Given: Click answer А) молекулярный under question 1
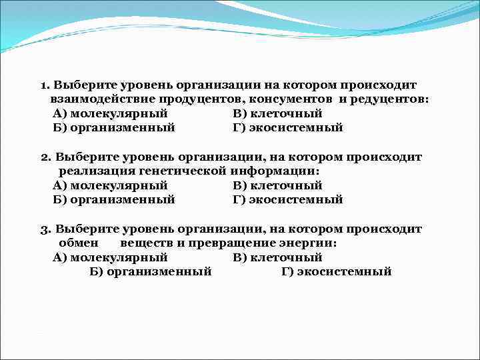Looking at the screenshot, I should pos(110,113).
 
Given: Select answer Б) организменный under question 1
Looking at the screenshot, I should pos(113,127).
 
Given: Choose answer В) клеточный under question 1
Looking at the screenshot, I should pos(278,113).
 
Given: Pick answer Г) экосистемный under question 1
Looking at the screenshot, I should pos(288,127).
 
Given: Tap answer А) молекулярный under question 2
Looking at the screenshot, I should pos(110,185).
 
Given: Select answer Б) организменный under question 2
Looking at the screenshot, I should pos(113,199).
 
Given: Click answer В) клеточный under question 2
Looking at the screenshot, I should pos(278,185).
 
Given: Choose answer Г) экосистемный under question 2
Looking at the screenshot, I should pos(288,199).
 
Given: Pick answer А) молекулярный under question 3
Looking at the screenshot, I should pos(110,257).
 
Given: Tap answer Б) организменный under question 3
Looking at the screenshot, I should pos(150,271).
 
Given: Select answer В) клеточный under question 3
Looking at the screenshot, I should pos(278,257).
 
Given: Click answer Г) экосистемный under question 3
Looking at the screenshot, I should pos(337,271).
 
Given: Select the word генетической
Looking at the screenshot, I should pos(186,171).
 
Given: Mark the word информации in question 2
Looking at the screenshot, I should pos(275,171).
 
